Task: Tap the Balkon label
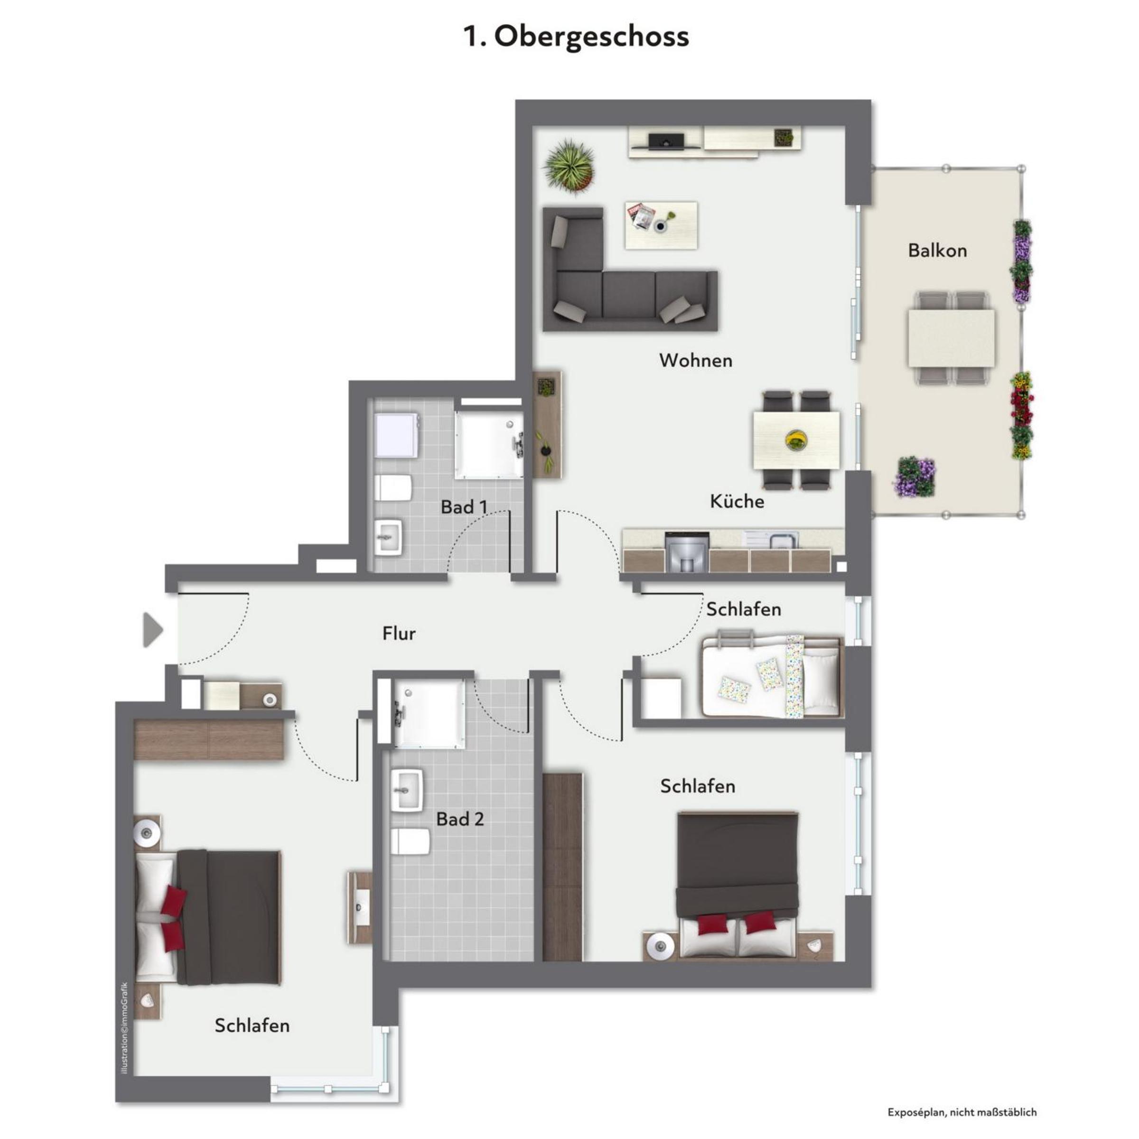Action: coord(937,251)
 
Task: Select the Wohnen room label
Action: coord(696,360)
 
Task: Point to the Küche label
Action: coord(737,501)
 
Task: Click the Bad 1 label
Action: coord(465,507)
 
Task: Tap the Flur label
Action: coord(399,633)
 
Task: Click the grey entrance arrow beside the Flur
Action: coord(153,630)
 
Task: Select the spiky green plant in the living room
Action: coord(569,165)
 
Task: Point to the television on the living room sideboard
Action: coord(667,141)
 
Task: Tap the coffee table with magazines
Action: coord(661,225)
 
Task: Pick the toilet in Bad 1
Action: coord(393,487)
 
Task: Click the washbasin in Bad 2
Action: coord(407,790)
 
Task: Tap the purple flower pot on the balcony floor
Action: coord(915,476)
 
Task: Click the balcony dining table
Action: coord(952,338)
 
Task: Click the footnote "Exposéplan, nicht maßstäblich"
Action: coord(962,1112)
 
